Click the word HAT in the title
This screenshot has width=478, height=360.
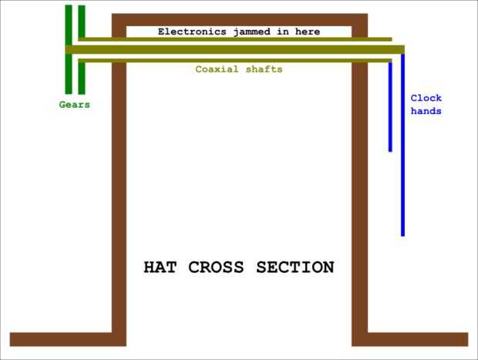tap(163, 267)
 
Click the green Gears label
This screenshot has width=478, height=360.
tap(75, 105)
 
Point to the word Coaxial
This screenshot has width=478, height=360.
tap(217, 69)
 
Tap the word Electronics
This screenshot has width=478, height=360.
tap(192, 32)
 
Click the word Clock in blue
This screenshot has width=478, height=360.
tap(426, 98)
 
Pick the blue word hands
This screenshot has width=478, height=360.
tap(426, 111)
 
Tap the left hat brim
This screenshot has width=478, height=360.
tap(62, 339)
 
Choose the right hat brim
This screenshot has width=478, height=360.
tap(416, 339)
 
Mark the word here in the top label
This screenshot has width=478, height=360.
tap(305, 32)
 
